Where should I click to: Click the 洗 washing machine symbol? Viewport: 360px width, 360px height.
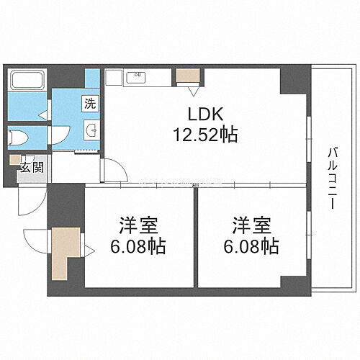click(89, 103)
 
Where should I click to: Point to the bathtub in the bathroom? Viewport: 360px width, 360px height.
click(27, 82)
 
